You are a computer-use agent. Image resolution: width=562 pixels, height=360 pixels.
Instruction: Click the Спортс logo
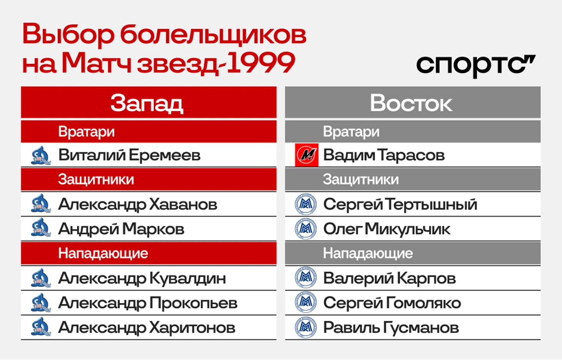click(476, 66)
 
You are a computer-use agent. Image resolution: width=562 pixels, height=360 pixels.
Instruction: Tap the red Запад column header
click(149, 102)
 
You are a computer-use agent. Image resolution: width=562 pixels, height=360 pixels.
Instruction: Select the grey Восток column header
click(413, 102)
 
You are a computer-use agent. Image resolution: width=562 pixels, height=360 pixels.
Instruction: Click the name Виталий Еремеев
click(129, 155)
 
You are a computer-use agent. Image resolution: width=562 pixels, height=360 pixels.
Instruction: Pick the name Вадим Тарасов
click(384, 155)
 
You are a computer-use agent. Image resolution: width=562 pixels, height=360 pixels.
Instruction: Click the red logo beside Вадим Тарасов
click(306, 155)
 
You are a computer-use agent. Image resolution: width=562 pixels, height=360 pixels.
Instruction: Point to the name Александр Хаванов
click(138, 204)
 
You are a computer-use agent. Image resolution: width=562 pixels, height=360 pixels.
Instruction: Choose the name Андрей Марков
click(121, 229)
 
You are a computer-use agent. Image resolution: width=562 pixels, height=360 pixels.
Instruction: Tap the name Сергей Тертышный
click(400, 204)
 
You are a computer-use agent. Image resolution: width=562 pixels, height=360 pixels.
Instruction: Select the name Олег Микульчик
click(386, 229)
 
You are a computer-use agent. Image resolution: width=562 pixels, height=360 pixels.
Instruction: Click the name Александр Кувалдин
click(142, 278)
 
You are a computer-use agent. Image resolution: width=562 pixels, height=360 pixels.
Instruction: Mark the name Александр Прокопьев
click(148, 303)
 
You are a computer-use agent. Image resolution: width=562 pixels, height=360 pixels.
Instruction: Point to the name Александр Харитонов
click(147, 327)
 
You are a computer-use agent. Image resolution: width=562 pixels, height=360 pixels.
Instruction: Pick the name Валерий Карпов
click(390, 278)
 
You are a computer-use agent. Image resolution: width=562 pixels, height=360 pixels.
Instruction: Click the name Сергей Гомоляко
click(392, 303)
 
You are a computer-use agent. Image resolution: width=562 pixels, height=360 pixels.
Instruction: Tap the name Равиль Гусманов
click(391, 327)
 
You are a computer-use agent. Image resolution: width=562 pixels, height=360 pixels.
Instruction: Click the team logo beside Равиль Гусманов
click(306, 327)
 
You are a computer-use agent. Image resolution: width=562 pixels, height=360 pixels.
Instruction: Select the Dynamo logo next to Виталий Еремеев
click(41, 156)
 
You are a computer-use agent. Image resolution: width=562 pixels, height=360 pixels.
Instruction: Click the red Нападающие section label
click(103, 253)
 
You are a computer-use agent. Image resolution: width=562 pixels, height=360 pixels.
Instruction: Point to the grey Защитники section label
click(361, 180)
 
